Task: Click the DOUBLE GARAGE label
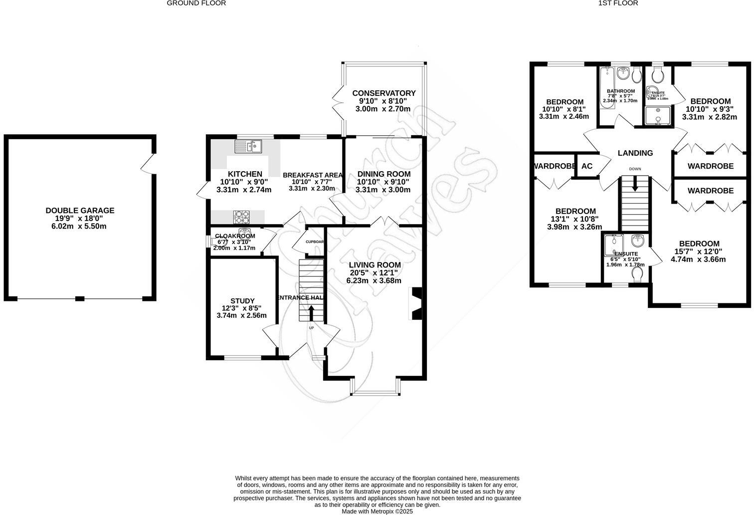click(x=80, y=211)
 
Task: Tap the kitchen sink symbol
click(x=248, y=146)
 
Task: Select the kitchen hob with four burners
click(x=242, y=217)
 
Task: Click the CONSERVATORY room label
click(x=383, y=93)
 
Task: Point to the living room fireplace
click(x=415, y=303)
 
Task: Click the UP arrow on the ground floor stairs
click(x=311, y=312)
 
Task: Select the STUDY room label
click(x=242, y=301)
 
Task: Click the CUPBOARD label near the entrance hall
click(x=315, y=242)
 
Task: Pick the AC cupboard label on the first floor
click(x=587, y=166)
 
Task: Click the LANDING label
click(x=635, y=153)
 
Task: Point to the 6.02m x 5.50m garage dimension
click(x=80, y=226)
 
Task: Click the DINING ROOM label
click(x=383, y=174)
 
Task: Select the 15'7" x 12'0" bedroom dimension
click(x=698, y=252)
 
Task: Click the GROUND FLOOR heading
click(x=196, y=3)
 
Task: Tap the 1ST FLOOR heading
click(x=618, y=3)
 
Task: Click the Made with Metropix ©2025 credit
click(x=377, y=511)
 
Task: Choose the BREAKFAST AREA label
click(x=313, y=175)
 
